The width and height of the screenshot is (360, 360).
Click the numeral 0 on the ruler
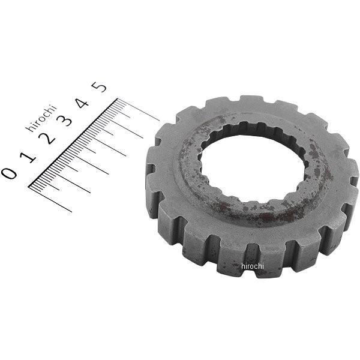click(x=9, y=173)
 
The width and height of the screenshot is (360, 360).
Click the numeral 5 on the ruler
click(x=101, y=88)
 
